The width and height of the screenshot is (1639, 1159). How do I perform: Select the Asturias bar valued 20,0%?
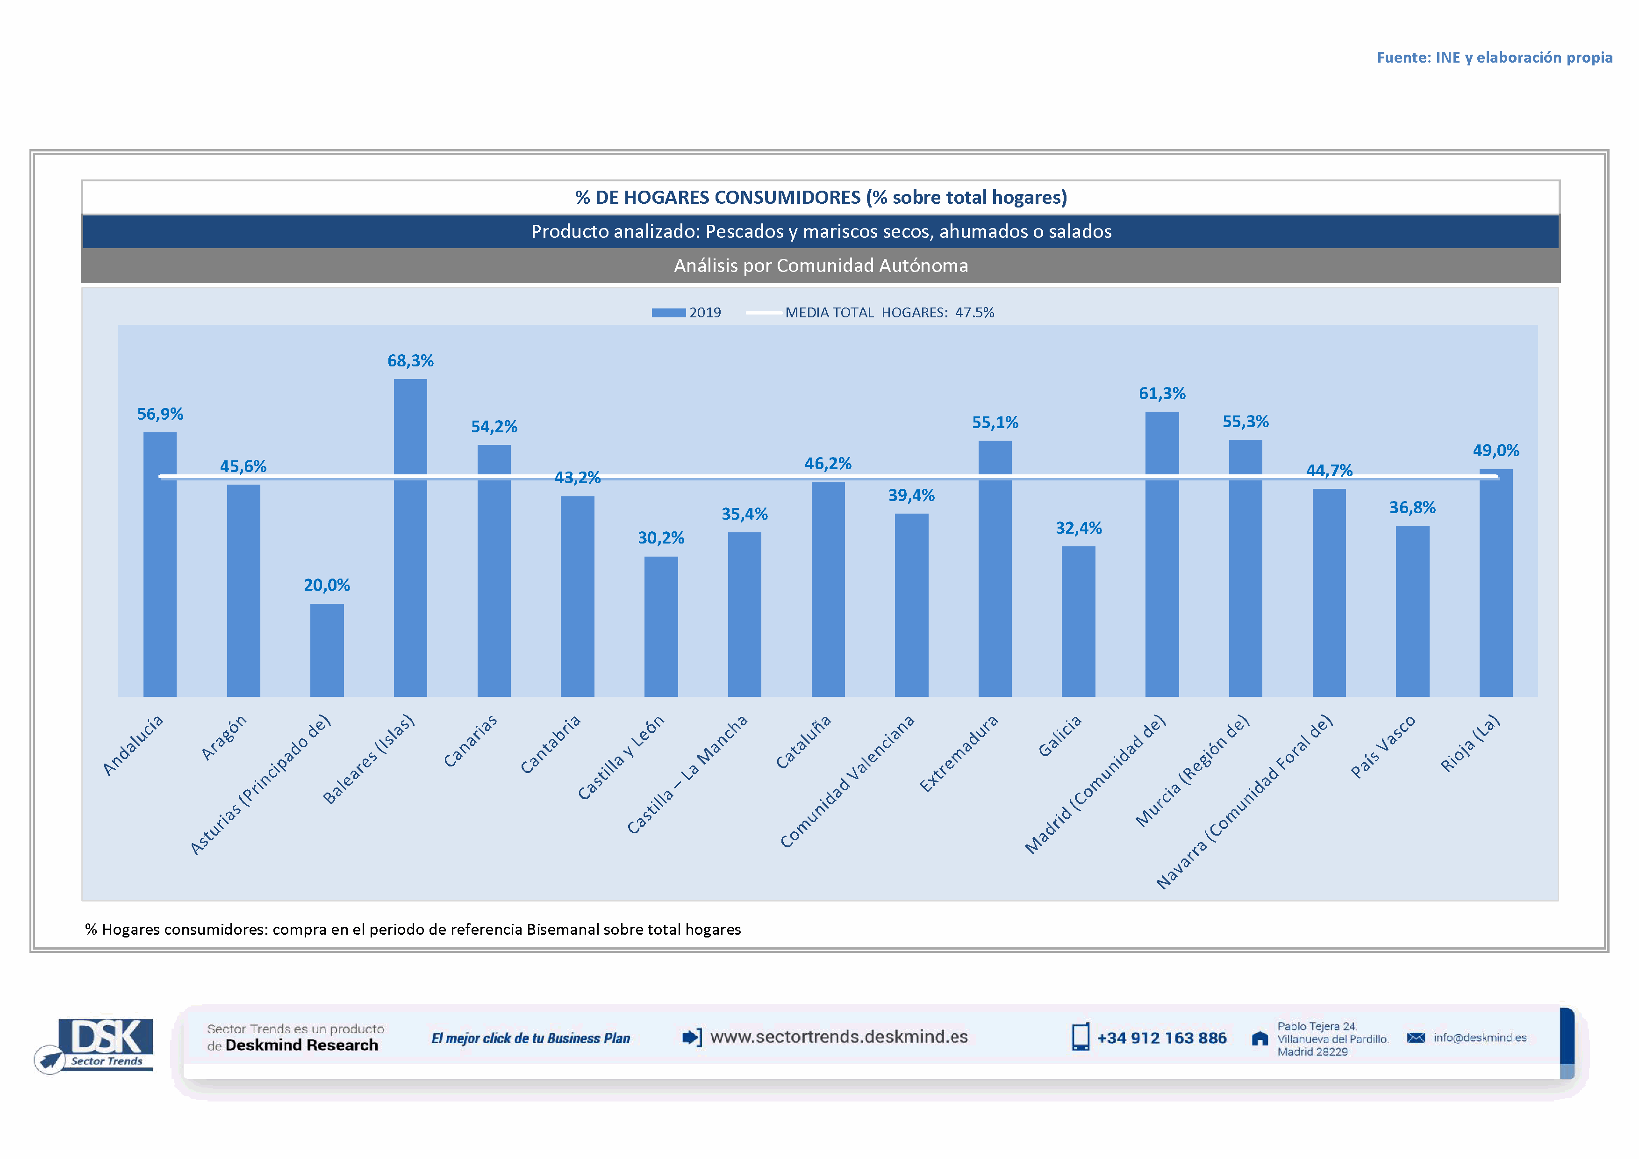tap(327, 650)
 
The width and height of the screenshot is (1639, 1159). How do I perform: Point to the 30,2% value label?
tap(660, 538)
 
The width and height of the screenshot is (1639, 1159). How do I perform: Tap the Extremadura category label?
tap(959, 753)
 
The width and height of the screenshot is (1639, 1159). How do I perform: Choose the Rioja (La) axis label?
tap(1471, 743)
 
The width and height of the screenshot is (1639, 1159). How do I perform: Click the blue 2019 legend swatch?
tap(668, 313)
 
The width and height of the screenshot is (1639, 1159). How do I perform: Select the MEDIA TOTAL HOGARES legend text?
tap(889, 313)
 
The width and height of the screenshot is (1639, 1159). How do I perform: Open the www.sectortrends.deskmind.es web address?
tap(839, 1037)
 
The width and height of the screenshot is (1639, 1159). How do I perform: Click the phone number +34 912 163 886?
tap(1161, 1038)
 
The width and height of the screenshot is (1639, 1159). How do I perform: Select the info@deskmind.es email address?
tap(1479, 1037)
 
